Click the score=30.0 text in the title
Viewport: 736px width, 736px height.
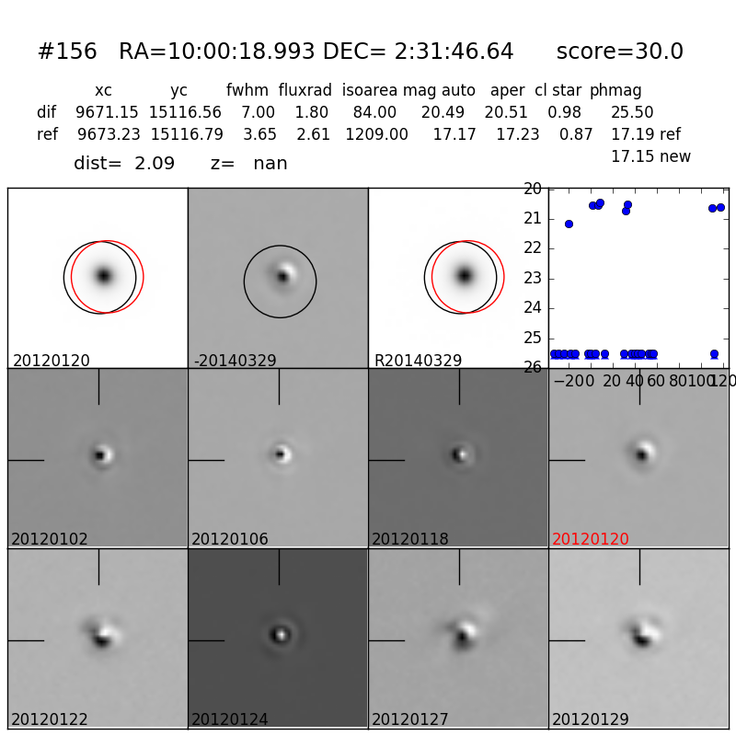pyautogui.click(x=619, y=52)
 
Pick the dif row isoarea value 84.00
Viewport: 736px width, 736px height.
pyautogui.click(x=374, y=113)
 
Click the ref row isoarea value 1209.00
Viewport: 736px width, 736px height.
pyautogui.click(x=376, y=135)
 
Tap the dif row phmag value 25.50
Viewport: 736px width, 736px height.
pyautogui.click(x=632, y=113)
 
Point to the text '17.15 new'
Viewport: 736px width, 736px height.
pyautogui.click(x=650, y=157)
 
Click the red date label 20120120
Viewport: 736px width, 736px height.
pyautogui.click(x=591, y=540)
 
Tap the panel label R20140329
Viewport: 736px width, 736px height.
pyautogui.click(x=418, y=362)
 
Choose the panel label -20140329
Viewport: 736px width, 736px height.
pyautogui.click(x=235, y=362)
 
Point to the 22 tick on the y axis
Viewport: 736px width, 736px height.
pyautogui.click(x=533, y=248)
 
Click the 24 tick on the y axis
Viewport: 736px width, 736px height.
pyautogui.click(x=533, y=308)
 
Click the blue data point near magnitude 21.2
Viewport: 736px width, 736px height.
pyautogui.click(x=569, y=224)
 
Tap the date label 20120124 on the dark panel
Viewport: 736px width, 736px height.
pyautogui.click(x=230, y=720)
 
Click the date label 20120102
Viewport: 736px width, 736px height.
pyautogui.click(x=50, y=540)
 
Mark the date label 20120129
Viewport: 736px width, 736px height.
pyautogui.click(x=591, y=720)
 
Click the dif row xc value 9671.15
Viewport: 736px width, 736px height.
pyautogui.click(x=107, y=113)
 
